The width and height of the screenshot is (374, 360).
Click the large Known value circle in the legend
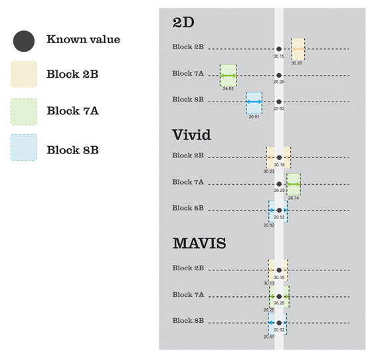point(24,41)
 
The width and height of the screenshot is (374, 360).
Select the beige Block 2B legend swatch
point(24,74)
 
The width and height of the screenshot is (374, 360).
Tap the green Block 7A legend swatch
point(24,112)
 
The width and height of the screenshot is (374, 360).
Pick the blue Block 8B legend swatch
point(24,147)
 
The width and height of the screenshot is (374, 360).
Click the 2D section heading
point(183,23)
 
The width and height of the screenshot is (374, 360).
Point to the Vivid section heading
point(191,135)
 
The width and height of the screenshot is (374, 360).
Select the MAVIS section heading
point(199,243)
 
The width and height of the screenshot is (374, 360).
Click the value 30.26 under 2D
point(296,63)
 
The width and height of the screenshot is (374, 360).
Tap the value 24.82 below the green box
point(229,89)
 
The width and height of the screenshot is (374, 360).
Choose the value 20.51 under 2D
point(254,117)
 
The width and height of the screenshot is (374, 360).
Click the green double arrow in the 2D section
point(229,76)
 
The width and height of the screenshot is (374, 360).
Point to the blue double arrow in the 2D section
point(254,102)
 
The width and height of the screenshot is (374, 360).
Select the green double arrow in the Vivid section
point(294,184)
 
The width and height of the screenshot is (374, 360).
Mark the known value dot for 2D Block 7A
point(279,75)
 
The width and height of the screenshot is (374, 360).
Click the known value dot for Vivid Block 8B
point(279,211)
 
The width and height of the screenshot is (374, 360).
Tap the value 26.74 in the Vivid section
point(294,198)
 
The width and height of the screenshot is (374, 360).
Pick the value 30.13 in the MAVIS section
point(269,283)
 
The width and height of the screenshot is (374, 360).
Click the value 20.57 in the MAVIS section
point(269,337)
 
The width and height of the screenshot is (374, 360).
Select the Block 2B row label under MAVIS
point(188,268)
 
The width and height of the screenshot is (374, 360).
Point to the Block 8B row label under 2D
point(188,99)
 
